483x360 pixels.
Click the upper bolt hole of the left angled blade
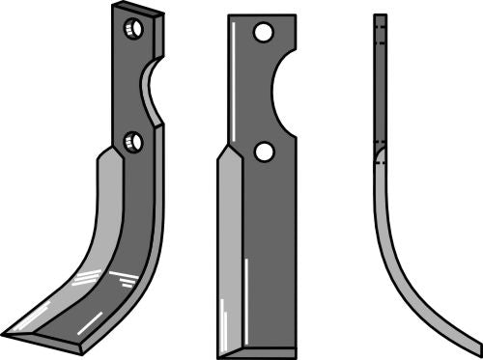[133, 29]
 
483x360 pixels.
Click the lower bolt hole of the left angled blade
[133, 143]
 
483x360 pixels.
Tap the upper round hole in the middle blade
[261, 34]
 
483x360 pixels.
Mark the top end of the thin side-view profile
[380, 17]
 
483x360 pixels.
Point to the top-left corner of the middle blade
[230, 16]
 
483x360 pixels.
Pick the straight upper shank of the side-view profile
[380, 87]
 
